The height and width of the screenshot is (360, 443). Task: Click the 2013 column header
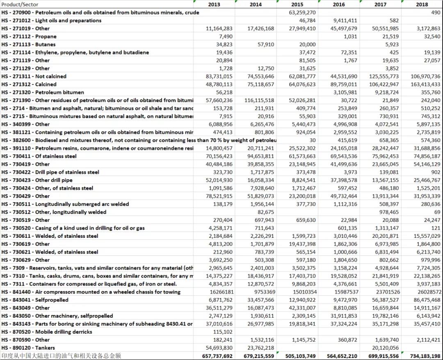(214, 5)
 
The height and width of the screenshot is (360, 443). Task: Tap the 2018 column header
(422, 5)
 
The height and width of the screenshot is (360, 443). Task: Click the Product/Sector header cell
(21, 5)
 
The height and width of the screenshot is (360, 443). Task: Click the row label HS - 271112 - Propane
(29, 36)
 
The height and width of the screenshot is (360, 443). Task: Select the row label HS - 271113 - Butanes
(29, 44)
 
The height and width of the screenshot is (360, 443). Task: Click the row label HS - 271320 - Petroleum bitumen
(43, 92)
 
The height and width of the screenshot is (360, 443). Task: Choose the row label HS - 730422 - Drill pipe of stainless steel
(50, 172)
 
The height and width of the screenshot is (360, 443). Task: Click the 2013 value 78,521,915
(218, 196)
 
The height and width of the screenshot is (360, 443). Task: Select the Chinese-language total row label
(62, 356)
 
